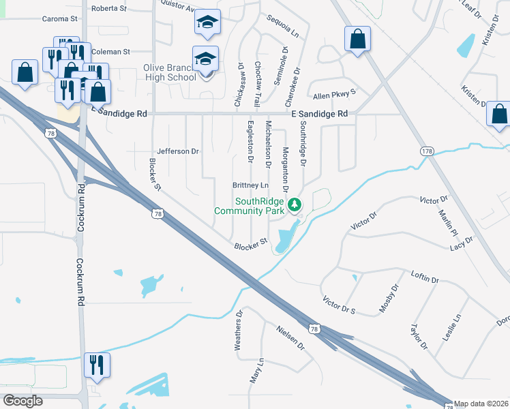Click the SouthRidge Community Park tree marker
tap(295, 204)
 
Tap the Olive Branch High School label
tap(169, 72)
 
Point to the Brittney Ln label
tap(251, 185)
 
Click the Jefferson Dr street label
tap(177, 151)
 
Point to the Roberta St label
tap(109, 9)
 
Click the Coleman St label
tap(110, 52)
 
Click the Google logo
tap(22, 400)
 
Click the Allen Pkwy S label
tap(334, 95)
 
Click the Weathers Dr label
tap(239, 331)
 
